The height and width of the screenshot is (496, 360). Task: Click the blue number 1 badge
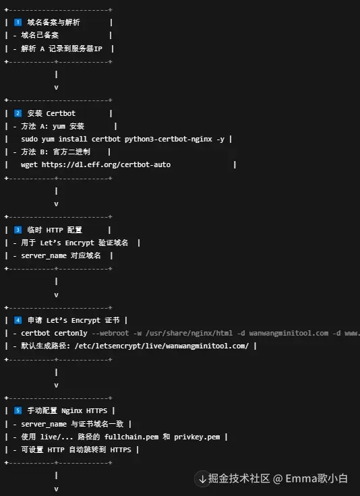18,22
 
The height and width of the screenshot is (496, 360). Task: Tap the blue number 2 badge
18,113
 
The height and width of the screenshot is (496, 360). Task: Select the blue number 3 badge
18,230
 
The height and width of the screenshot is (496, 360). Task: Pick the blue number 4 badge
18,320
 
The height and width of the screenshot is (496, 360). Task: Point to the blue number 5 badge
18,410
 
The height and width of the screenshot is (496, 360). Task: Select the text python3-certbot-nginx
169,139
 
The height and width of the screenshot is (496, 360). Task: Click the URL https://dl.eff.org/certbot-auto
106,165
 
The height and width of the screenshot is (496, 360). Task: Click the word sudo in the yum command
29,139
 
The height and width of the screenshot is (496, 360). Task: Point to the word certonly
71,334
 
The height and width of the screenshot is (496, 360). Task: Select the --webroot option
111,334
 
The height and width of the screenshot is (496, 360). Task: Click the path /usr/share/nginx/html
189,334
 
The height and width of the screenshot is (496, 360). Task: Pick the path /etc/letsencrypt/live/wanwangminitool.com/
162,346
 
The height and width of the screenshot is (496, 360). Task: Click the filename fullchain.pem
131,437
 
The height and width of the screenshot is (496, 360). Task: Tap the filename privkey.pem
197,437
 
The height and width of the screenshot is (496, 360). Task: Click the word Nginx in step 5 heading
71,411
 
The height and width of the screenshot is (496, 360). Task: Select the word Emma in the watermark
301,478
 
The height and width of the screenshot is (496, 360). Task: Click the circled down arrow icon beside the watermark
202,479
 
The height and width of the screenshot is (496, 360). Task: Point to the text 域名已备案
40,36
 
